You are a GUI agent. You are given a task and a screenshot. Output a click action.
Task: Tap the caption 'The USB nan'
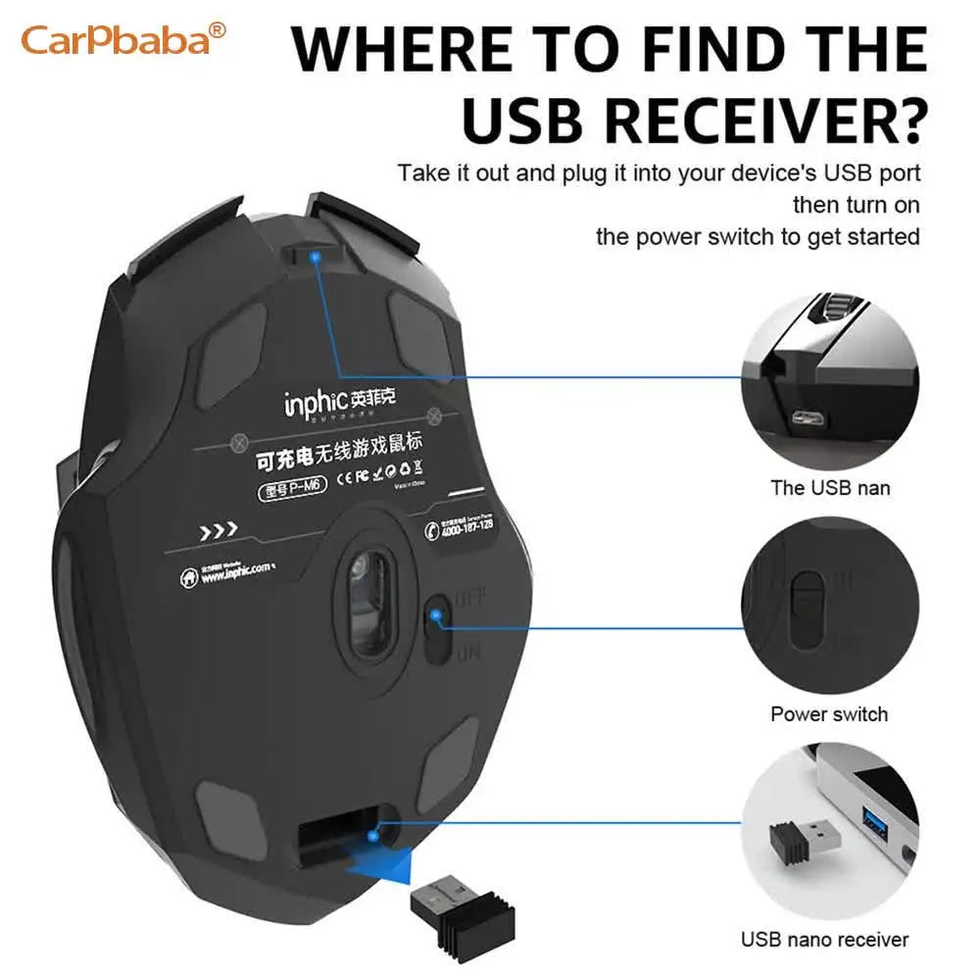tap(830, 487)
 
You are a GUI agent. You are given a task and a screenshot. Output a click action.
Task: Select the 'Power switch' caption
tap(829, 713)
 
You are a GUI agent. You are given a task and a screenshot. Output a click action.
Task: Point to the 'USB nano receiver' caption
tap(825, 940)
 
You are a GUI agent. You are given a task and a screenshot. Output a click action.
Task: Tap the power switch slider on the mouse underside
tap(436, 627)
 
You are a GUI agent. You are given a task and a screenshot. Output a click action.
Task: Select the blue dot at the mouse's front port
tap(315, 258)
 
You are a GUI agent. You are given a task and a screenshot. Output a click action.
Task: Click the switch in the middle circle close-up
tap(808, 609)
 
